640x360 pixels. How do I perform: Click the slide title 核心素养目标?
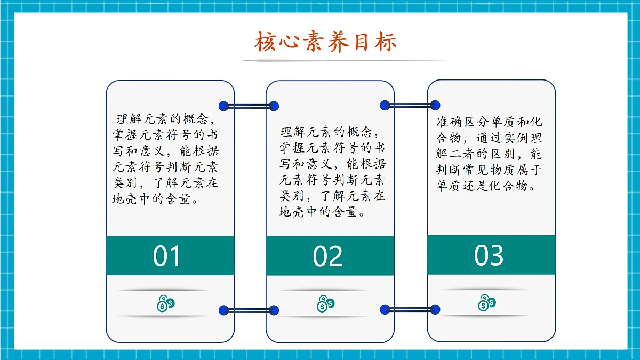(x=325, y=42)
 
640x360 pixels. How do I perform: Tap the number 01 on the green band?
(x=167, y=256)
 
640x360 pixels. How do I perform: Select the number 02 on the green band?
(x=327, y=257)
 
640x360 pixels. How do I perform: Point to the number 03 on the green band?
(x=489, y=255)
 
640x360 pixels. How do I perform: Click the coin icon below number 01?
(x=166, y=303)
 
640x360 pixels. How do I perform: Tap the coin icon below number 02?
(x=325, y=303)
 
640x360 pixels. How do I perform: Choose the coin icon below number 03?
(x=486, y=303)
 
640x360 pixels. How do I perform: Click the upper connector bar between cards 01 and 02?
(x=249, y=106)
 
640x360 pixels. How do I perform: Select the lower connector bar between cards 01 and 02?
(x=249, y=310)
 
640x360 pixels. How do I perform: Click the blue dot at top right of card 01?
(x=224, y=106)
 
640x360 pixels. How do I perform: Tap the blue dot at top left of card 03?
(x=435, y=106)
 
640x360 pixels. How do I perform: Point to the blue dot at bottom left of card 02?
(x=274, y=310)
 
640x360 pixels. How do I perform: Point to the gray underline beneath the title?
(x=341, y=61)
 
